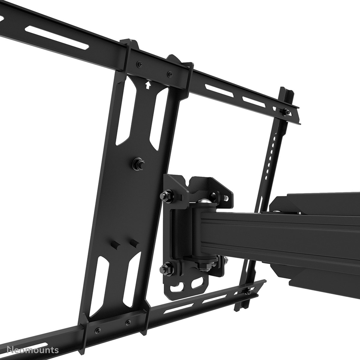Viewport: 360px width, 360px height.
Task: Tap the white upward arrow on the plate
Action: point(147,85)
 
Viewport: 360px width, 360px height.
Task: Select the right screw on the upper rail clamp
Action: point(170,73)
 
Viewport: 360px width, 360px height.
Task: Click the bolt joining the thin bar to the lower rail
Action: point(249,291)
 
